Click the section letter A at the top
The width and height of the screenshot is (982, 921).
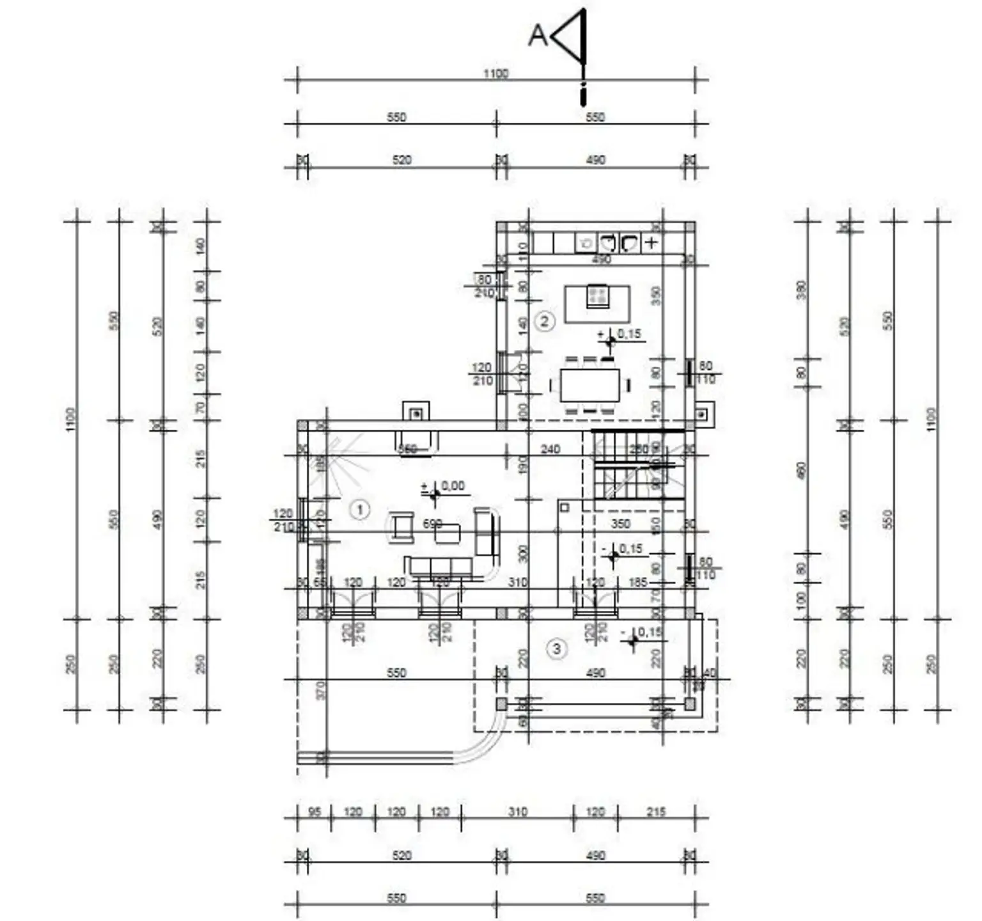coord(538,35)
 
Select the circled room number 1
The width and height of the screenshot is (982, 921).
coord(361,510)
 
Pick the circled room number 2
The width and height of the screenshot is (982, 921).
coord(545,320)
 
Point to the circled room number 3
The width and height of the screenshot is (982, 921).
coord(556,649)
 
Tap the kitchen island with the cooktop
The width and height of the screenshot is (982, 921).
coord(597,303)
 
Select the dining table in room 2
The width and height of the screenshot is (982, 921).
coord(590,384)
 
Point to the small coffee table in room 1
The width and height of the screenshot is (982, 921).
coord(448,533)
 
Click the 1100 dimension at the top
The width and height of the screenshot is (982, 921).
coord(495,74)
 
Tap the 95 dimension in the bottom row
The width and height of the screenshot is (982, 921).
coord(315,812)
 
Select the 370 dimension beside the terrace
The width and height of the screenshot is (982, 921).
coord(321,689)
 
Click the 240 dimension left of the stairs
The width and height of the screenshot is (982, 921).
coord(550,449)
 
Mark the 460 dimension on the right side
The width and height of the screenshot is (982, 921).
coord(802,471)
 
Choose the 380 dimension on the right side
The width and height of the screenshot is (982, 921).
coord(802,290)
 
